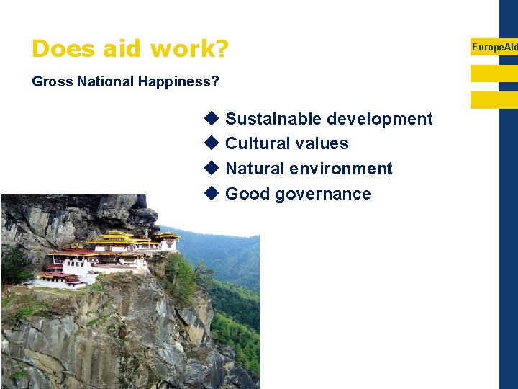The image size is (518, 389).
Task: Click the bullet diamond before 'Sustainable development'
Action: point(211,118)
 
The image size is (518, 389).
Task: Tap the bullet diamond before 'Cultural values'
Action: point(211,143)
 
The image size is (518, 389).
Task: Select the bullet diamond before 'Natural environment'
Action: point(211,168)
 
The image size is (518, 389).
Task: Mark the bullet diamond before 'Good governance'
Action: point(211,193)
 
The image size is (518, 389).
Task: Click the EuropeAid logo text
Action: point(494,47)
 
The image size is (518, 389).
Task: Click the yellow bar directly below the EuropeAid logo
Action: point(494,73)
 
